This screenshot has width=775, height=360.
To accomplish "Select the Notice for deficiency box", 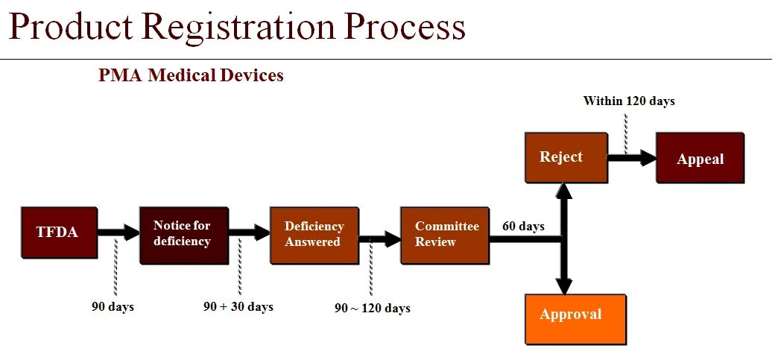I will [183, 234].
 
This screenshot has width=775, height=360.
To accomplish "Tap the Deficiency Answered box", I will [314, 234].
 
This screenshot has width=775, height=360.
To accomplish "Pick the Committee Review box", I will [445, 234].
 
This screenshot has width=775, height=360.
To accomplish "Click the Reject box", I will [565, 157].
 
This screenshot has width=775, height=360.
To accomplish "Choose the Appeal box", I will [700, 158].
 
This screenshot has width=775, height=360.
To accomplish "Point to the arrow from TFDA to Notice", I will [118, 233].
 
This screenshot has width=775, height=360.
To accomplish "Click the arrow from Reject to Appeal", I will [632, 158].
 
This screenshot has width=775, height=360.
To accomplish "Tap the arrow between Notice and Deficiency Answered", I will [249, 233].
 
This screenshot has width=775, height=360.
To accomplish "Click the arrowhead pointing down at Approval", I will [565, 285].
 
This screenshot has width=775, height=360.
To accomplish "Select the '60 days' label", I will [523, 226].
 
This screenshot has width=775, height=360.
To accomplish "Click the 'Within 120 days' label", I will [629, 101].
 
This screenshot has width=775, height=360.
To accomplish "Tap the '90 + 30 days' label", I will [238, 306].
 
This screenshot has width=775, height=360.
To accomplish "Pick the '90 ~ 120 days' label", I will [372, 308].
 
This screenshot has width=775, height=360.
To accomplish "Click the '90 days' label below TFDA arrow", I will [113, 306].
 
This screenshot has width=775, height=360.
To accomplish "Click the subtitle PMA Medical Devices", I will [191, 75].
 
